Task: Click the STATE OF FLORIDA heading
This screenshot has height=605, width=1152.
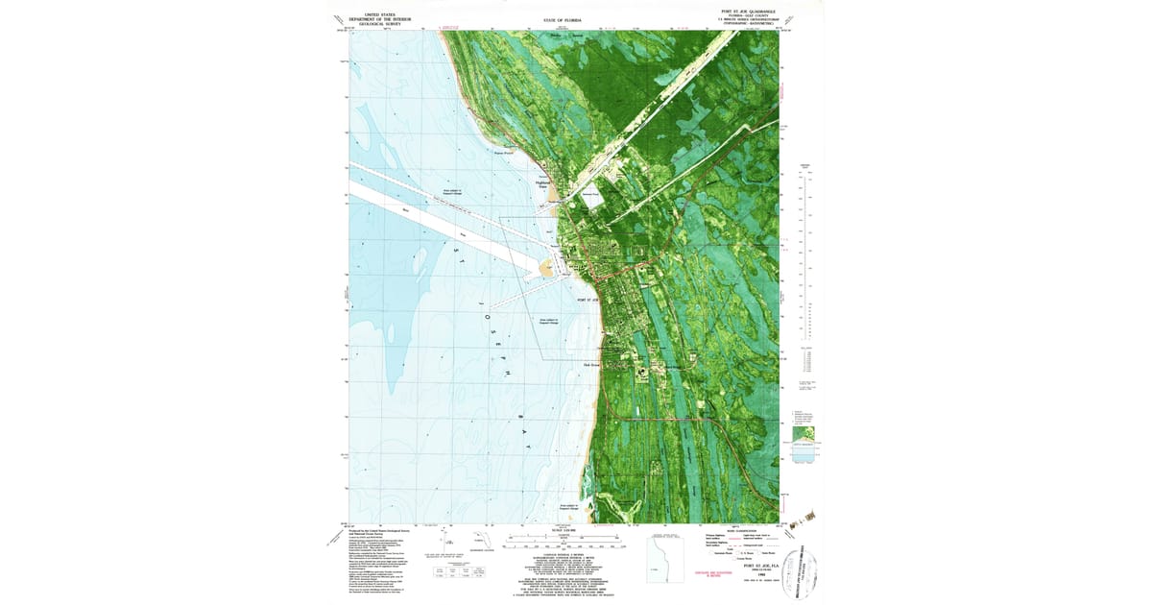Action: click(563, 20)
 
